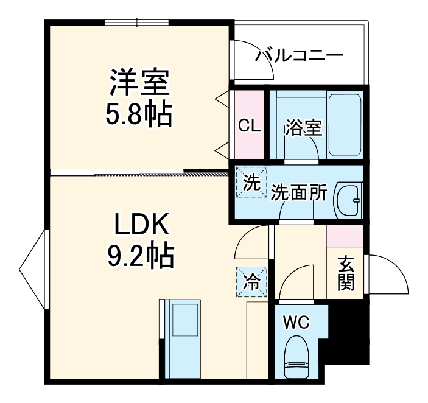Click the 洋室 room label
pos(139,83)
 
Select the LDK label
pos(141,226)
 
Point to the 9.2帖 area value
pos(141,256)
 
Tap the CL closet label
pos(249,126)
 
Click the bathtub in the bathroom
pos(345,125)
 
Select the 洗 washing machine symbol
pos(251,182)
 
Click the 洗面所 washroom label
pos(299,193)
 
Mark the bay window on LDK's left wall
pos(33,268)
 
